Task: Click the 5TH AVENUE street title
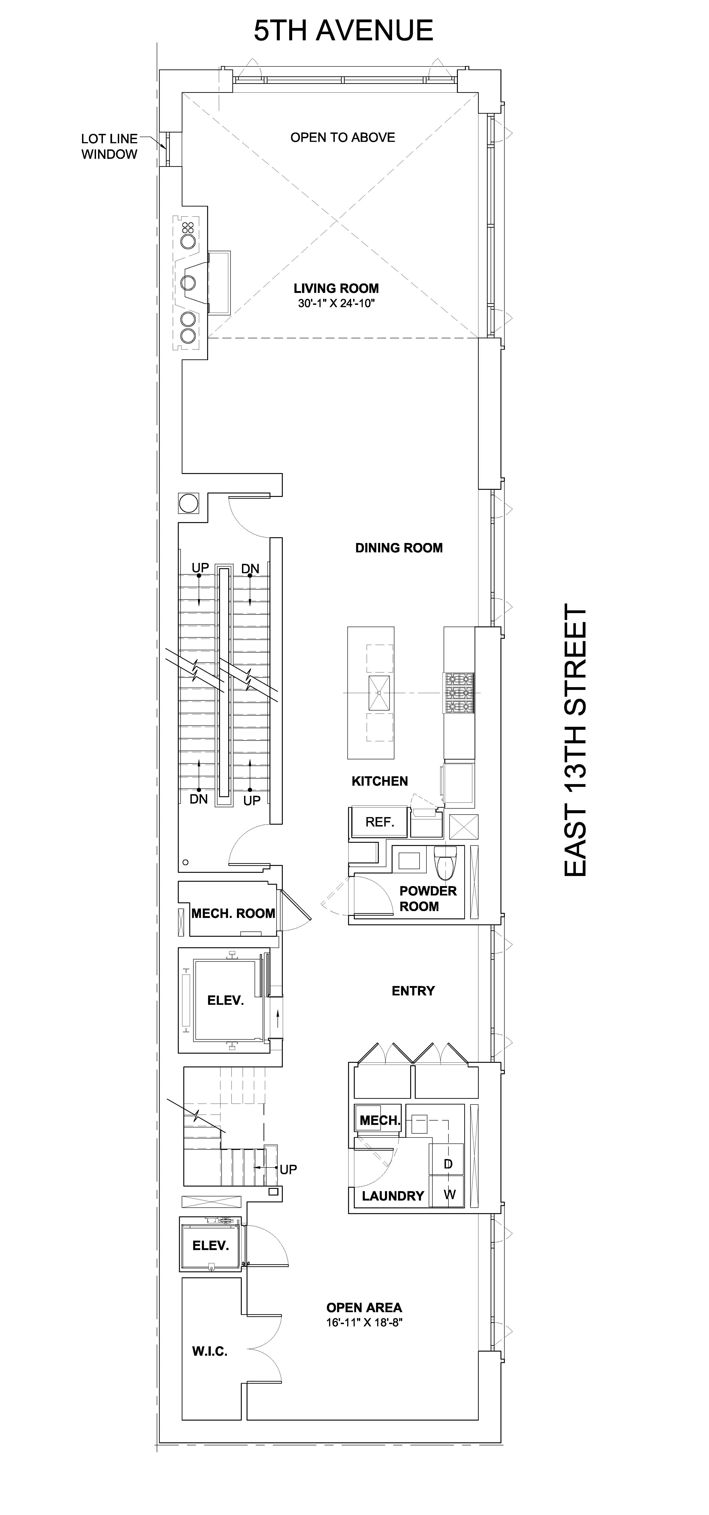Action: (343, 30)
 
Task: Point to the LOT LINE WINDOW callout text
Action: (109, 146)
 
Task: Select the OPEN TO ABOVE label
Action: (343, 138)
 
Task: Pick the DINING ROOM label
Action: (398, 548)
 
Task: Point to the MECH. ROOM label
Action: (234, 913)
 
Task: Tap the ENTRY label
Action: (413, 991)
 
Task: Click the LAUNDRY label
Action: (393, 1196)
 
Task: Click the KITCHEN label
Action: (380, 781)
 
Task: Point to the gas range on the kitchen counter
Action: (459, 693)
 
